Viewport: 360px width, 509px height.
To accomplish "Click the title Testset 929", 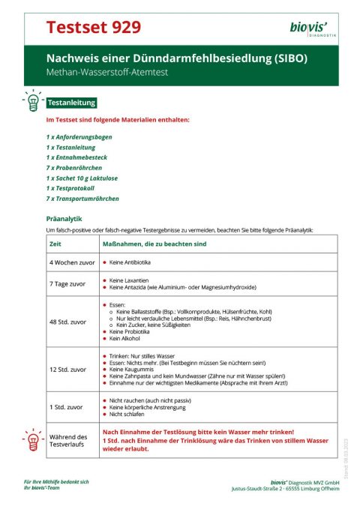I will coord(93,28).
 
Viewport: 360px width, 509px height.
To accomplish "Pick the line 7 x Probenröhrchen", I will coord(75,169).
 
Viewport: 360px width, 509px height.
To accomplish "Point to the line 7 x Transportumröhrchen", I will coord(82,199).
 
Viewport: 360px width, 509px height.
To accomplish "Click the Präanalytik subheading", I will coord(64,219).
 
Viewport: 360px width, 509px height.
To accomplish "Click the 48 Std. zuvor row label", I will coord(67,322).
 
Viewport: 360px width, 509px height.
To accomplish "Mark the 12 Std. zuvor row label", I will coord(67,369).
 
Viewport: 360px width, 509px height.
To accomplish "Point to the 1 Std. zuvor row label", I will coord(65,406).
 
